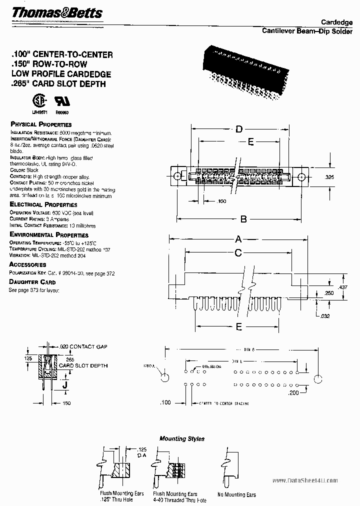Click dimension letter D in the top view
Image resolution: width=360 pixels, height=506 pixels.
[x=239, y=130]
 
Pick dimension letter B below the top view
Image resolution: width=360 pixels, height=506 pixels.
[x=243, y=218]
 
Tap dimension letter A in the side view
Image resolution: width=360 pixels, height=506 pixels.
[x=238, y=238]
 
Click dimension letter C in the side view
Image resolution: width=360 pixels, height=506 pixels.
[x=238, y=253]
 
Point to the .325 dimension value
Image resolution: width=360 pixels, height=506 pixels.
[x=329, y=177]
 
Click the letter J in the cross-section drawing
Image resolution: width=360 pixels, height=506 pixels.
[x=65, y=385]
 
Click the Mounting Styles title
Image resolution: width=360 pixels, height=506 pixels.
[x=181, y=438]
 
